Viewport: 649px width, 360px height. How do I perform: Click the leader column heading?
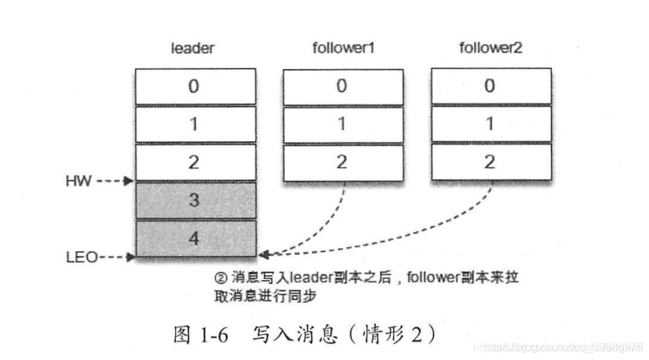(x=193, y=49)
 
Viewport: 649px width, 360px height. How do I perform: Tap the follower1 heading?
(x=342, y=49)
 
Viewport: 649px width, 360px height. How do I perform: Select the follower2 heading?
(x=491, y=49)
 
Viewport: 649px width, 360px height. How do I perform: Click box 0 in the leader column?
(x=194, y=86)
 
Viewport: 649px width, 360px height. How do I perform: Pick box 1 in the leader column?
(x=194, y=124)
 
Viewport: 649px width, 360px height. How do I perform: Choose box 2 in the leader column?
(x=194, y=163)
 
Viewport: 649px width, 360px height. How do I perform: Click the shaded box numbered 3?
(x=194, y=201)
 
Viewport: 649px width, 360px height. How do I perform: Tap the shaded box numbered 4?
(x=194, y=238)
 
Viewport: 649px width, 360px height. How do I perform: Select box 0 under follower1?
(x=342, y=86)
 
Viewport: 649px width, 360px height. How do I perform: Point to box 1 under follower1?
(x=342, y=124)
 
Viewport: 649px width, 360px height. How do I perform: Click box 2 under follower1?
(x=342, y=163)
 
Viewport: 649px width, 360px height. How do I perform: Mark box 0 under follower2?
(x=491, y=86)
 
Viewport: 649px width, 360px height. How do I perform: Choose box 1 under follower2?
(x=491, y=124)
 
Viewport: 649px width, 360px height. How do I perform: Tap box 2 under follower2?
(x=491, y=163)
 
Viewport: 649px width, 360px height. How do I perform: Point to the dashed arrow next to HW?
(x=115, y=181)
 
